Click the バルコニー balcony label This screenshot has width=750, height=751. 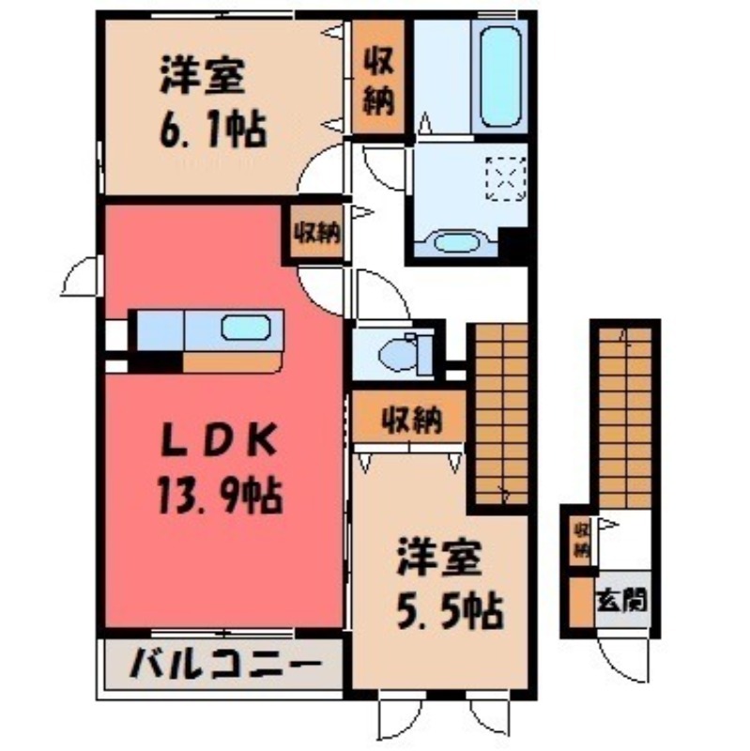(221, 668)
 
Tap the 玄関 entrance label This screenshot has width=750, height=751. (623, 598)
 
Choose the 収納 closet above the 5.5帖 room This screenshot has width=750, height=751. (410, 421)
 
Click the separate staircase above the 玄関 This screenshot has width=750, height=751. (624, 413)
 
